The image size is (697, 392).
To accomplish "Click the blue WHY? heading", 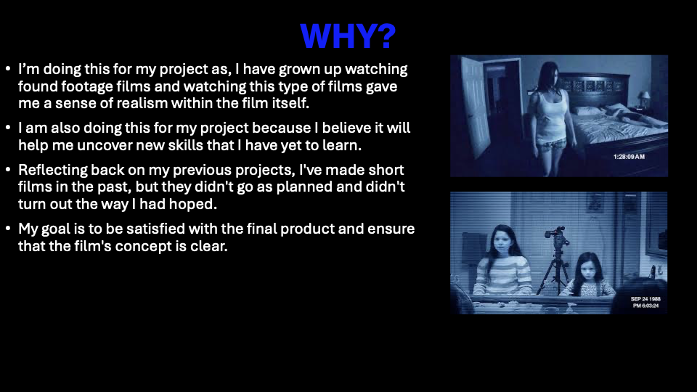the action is (348, 36).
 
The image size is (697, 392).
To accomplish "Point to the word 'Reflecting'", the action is (52, 170).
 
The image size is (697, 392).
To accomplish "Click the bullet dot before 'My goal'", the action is (8, 229).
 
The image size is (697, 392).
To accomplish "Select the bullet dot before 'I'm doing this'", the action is (8, 69).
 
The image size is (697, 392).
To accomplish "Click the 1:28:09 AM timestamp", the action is (629, 157).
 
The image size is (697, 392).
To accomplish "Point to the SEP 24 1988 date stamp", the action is (645, 299).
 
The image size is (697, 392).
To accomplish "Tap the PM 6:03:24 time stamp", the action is (646, 306).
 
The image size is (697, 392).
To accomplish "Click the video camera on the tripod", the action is (556, 236).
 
